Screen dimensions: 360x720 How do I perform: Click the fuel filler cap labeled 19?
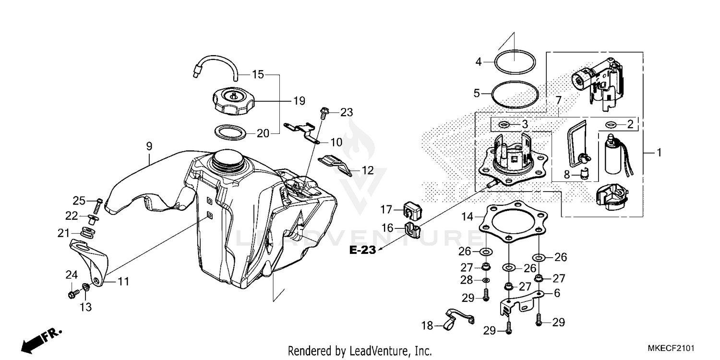233,101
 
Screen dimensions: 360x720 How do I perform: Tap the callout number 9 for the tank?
149,144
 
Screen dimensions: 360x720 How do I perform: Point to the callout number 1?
659,153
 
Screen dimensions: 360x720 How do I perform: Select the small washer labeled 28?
486,280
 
